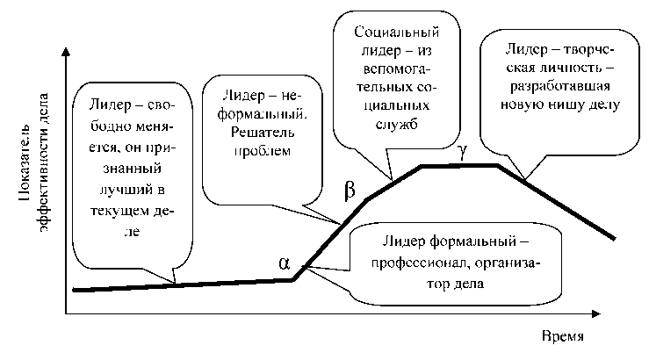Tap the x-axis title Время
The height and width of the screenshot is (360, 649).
coord(562,337)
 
